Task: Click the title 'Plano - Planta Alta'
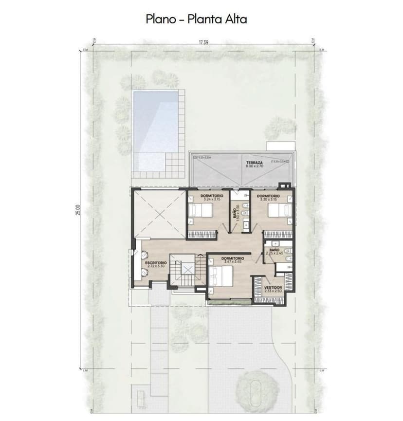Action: point(197,19)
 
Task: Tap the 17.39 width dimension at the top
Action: point(203,43)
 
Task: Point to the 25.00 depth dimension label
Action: point(78,210)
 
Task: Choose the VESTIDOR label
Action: point(273,289)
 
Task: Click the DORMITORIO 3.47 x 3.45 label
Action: point(232,259)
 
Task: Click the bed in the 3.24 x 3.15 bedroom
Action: point(200,211)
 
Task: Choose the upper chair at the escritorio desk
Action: point(145,254)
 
